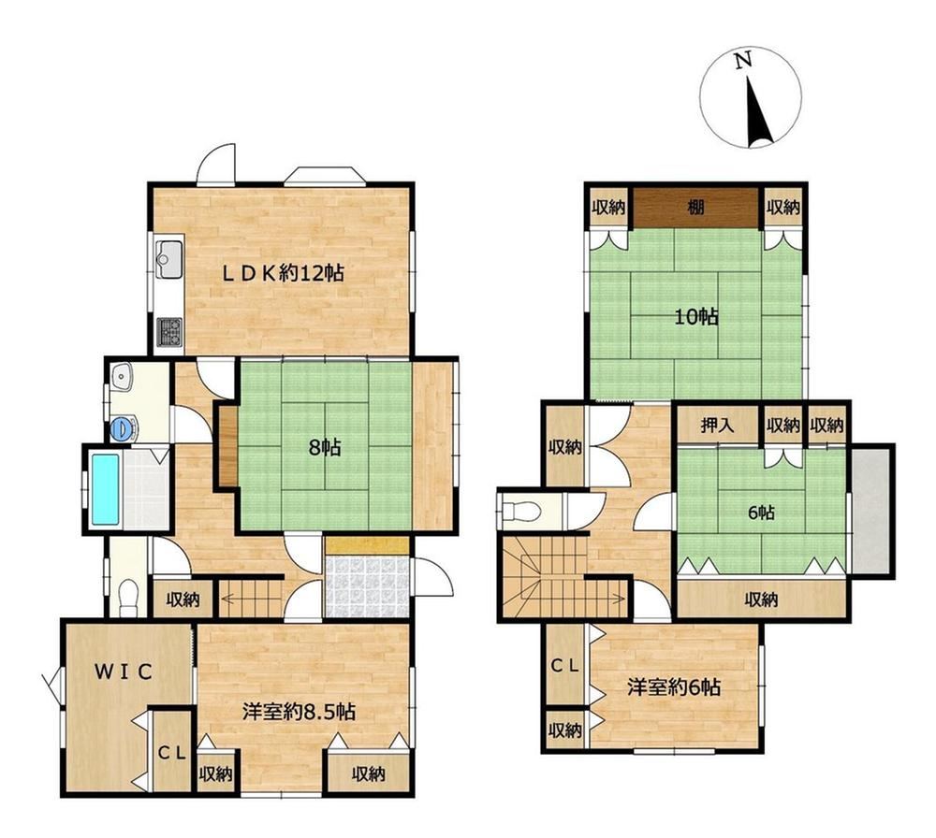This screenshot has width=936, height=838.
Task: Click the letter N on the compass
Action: point(742,60)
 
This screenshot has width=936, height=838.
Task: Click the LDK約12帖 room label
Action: point(283,273)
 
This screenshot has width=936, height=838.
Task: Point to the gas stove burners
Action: point(170,332)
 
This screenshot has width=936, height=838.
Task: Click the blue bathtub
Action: point(106,489)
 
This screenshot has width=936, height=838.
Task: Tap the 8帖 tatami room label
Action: point(325,447)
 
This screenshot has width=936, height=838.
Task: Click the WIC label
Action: point(124,672)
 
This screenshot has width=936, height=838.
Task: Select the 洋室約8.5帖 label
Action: point(300,711)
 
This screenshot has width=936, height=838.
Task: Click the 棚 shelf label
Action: point(695,208)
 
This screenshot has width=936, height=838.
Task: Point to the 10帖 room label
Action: point(696,317)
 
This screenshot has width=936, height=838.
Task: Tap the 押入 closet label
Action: point(718,426)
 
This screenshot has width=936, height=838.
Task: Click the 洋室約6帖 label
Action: point(674,687)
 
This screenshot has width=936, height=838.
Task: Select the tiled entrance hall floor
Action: point(367,587)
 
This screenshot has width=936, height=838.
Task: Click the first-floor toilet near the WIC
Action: point(128,599)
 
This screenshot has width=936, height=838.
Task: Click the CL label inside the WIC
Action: point(172,753)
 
